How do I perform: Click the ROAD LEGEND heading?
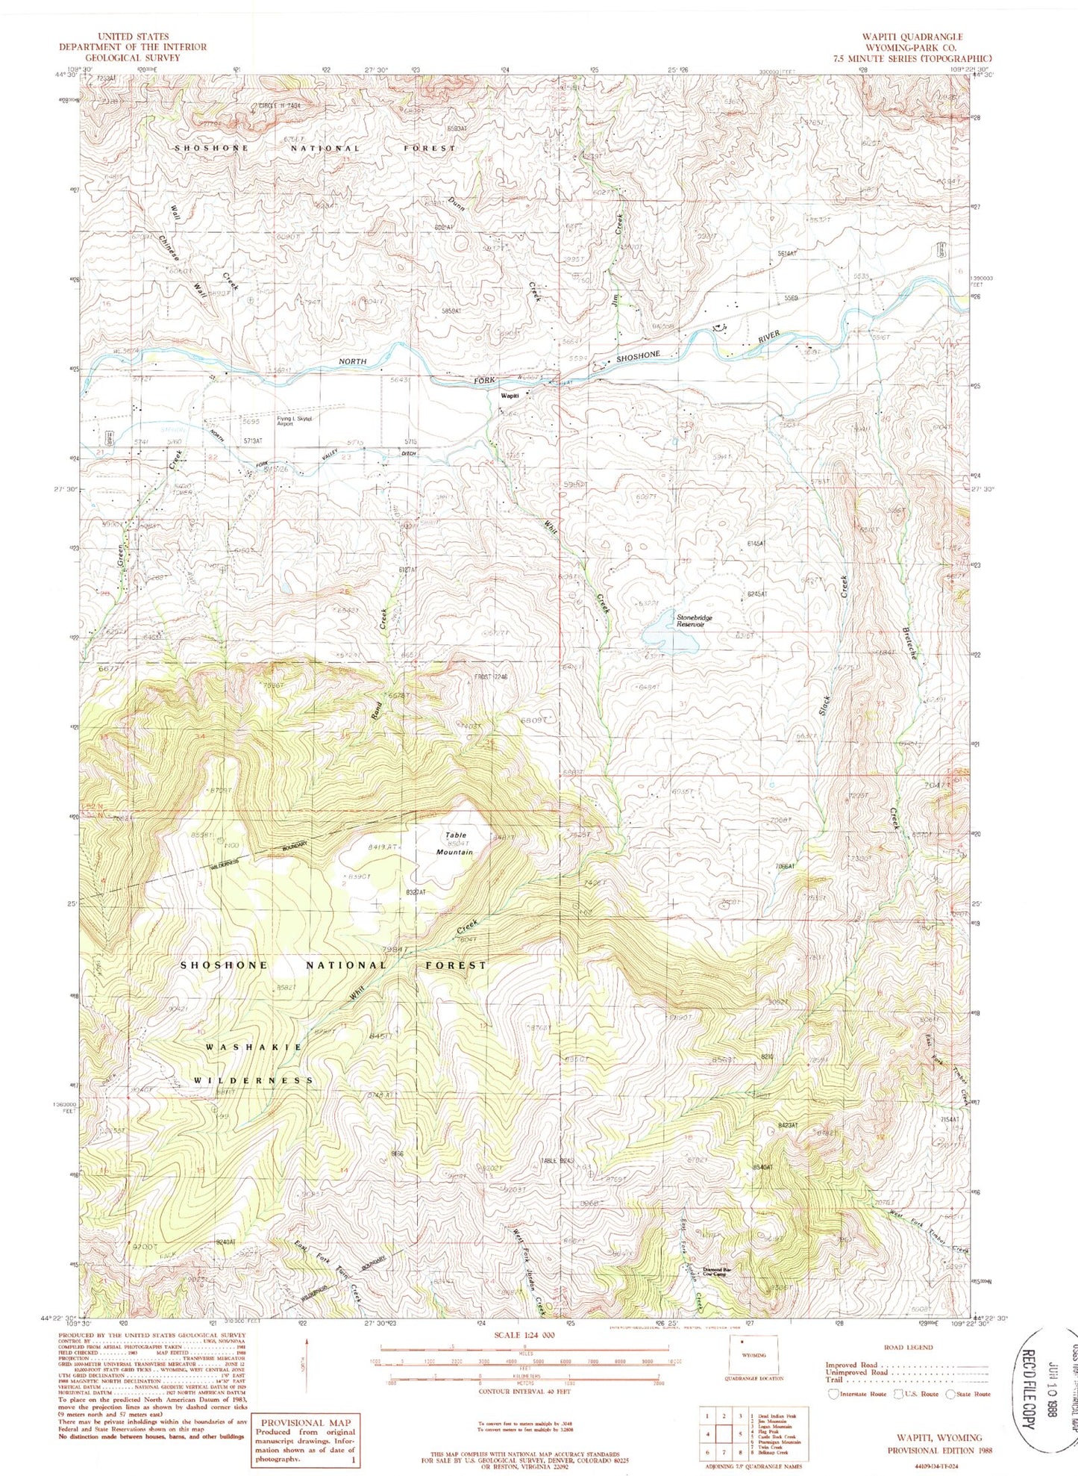click(x=908, y=1347)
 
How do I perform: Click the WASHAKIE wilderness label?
click(x=254, y=1047)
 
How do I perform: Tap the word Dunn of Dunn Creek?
click(x=457, y=204)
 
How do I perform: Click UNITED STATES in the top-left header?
click(x=133, y=36)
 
